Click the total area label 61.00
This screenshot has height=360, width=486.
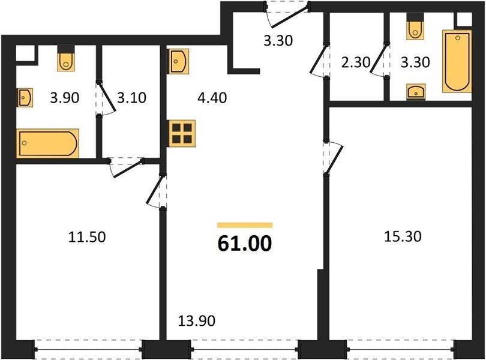245,243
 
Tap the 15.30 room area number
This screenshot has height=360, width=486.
403,236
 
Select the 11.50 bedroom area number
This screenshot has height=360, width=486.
87,237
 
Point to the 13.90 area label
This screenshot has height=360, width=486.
197,321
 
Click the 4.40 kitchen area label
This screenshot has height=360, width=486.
212,98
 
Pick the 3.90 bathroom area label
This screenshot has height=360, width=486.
65,98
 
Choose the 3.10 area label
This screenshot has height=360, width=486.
132,98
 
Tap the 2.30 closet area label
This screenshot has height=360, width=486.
356,62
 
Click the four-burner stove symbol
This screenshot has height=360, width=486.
182,133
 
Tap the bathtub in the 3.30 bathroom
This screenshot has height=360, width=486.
457,61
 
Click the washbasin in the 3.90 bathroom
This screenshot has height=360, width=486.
25,98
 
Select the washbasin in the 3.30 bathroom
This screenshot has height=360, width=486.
416,91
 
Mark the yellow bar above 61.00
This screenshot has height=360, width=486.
245,225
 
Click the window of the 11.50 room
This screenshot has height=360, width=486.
88,349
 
